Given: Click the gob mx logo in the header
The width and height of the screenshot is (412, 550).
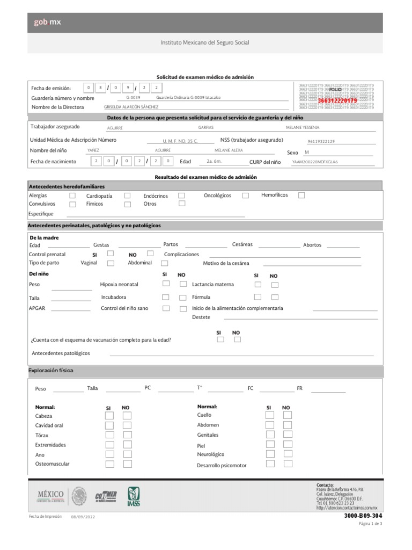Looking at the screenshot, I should pos(47,22).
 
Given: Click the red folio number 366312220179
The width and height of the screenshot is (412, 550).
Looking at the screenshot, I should pos(337,100).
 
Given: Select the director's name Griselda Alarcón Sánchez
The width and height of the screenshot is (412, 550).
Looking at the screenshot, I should pos(131,107).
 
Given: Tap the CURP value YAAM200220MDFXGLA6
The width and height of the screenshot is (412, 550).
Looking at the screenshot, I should pos(315,162).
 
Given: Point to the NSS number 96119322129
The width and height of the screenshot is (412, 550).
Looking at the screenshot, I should pos(321,141).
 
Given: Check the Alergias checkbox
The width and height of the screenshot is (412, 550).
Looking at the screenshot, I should pos(72,196).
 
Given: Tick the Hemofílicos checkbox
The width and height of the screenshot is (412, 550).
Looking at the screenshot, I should pos(301,196).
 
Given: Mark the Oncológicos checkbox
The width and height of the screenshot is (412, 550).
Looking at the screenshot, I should pos(245,196).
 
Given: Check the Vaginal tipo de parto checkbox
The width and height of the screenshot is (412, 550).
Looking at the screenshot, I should pos(111,263).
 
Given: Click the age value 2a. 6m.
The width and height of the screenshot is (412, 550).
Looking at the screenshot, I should pos(214,161).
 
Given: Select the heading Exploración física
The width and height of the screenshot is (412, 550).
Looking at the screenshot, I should pos(50,371).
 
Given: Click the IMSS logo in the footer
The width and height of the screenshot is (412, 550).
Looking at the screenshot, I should pos(134,496).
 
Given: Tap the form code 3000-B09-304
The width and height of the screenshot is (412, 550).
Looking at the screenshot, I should pos(363,516).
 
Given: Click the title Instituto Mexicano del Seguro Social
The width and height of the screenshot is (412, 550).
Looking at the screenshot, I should pos(205,42).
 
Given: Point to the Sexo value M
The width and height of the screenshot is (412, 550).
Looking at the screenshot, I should pos(307,152).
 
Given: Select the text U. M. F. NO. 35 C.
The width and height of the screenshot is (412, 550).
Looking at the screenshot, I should pos(180,141).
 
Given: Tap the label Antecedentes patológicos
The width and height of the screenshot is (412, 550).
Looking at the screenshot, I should pos(61,353).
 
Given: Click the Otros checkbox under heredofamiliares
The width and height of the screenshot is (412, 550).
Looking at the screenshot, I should pos(182,204).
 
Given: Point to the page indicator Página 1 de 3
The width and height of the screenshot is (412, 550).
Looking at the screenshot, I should pos(370,524).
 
